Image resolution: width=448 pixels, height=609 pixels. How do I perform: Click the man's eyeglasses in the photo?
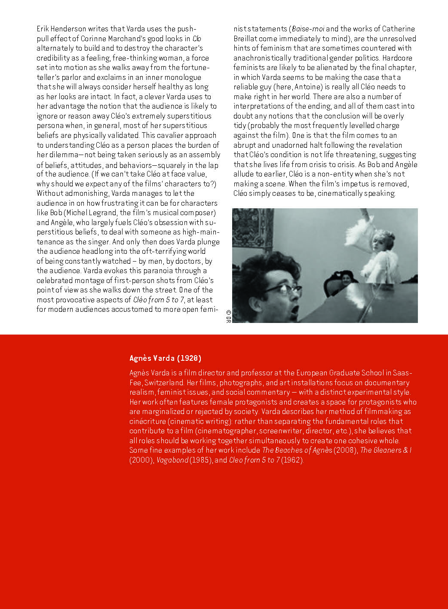(282, 289)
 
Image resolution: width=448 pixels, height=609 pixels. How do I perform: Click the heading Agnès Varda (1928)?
(165, 358)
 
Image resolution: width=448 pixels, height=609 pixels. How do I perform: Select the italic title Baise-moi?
(308, 29)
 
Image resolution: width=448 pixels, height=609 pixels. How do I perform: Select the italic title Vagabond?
(172, 460)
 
